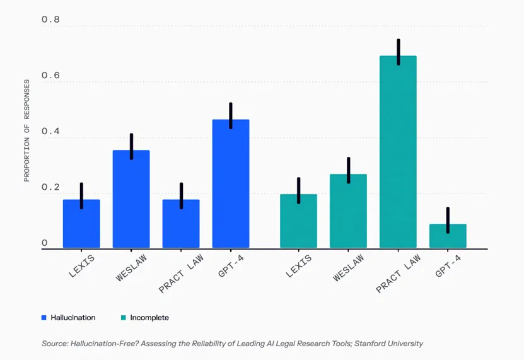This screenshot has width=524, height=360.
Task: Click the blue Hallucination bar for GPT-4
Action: pyautogui.click(x=231, y=183)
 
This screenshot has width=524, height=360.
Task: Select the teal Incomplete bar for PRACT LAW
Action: pyautogui.click(x=398, y=152)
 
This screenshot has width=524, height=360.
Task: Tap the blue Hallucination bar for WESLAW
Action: pyautogui.click(x=131, y=199)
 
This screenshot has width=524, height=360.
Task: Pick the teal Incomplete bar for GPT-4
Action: pyautogui.click(x=448, y=236)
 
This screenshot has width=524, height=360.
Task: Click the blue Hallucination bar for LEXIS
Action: pyautogui.click(x=81, y=224)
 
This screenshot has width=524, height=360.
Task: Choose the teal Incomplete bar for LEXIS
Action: pyautogui.click(x=298, y=221)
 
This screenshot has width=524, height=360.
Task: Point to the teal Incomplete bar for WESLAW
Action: pyautogui.click(x=348, y=211)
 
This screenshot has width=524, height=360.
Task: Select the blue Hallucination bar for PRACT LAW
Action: pyautogui.click(x=181, y=224)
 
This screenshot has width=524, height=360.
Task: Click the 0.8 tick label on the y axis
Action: pyautogui.click(x=50, y=20)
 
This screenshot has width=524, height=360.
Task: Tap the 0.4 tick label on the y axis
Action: pyautogui.click(x=50, y=131)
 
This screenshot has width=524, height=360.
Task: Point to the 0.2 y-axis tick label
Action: pyautogui.click(x=50, y=187)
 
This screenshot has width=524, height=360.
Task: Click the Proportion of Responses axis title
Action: pyautogui.click(x=26, y=131)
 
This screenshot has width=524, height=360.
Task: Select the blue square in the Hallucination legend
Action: pyautogui.click(x=44, y=318)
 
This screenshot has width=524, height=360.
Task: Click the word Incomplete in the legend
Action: pyautogui.click(x=149, y=318)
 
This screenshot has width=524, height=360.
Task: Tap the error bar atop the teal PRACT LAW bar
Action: pyautogui.click(x=399, y=52)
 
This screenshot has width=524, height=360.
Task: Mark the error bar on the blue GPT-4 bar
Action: pyautogui.click(x=231, y=115)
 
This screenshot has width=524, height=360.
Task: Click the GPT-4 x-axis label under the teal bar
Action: pyautogui.click(x=448, y=266)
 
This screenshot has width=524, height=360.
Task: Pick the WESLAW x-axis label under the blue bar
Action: pyautogui.click(x=131, y=268)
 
